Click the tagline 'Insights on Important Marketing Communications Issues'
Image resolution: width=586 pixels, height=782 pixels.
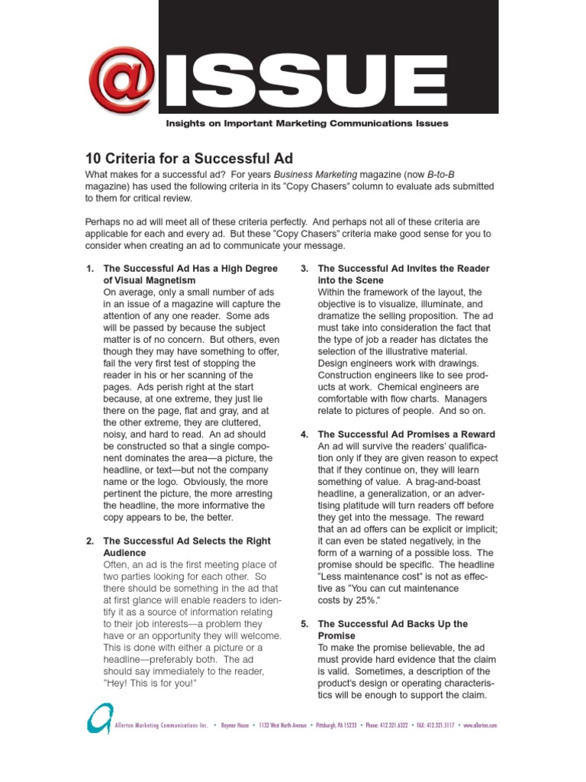pos(307,123)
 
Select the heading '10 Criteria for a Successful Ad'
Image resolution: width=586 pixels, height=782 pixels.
pos(188,160)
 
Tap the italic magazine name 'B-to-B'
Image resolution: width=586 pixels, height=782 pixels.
pos(442,174)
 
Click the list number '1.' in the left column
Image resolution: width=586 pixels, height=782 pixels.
pos(90,269)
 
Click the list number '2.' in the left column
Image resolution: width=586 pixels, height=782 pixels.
pos(90,541)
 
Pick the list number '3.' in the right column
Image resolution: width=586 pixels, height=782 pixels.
pos(304,269)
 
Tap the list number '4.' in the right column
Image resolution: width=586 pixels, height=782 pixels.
pos(304,435)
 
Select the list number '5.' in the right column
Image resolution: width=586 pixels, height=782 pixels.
pos(304,624)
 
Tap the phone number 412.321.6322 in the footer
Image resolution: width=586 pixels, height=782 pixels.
pos(389,725)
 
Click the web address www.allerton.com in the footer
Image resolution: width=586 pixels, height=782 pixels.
pos(480,725)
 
